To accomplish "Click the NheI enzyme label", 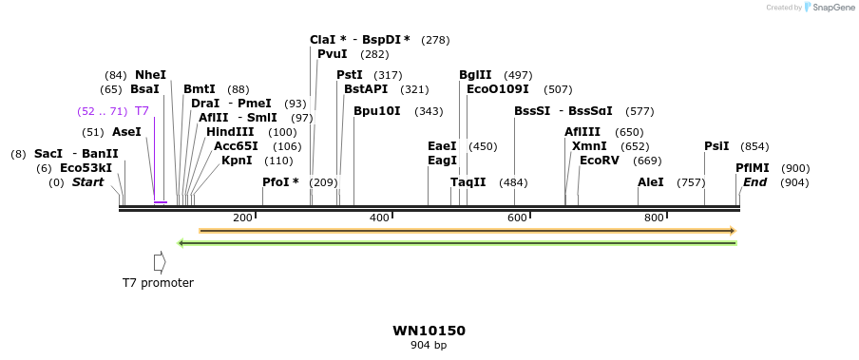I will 150,75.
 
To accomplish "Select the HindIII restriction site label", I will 230,132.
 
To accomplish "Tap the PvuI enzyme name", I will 333,54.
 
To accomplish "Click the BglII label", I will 475,75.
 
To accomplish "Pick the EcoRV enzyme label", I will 599,161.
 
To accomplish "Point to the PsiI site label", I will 716,146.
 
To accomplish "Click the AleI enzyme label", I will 651,182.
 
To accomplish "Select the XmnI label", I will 589,146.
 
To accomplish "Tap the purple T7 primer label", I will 142,111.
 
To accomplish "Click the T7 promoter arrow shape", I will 160,261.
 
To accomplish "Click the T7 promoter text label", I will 158,283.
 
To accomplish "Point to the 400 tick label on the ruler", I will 379,218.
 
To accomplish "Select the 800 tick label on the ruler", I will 654,218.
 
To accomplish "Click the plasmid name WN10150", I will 429,332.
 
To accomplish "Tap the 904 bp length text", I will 429,346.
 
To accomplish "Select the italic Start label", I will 88,182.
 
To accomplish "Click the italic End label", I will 754,182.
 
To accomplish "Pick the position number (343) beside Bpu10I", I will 429,111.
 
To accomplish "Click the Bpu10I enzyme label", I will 377,111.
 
